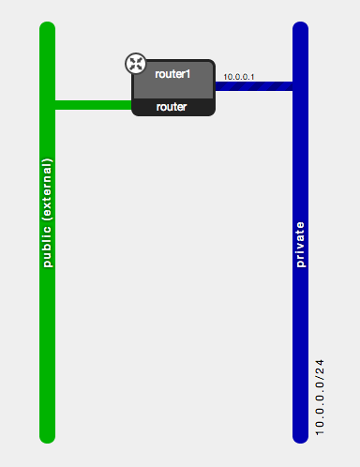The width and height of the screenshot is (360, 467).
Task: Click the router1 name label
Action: tap(172, 73)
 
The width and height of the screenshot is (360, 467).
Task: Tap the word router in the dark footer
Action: tap(172, 107)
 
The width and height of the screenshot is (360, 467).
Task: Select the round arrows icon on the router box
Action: tap(136, 64)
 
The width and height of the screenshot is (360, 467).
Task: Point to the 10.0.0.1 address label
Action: tap(239, 76)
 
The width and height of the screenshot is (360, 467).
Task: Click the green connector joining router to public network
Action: tap(94, 104)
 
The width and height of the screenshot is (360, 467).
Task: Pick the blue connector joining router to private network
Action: tap(253, 86)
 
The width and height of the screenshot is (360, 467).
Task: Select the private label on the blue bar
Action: tap(301, 245)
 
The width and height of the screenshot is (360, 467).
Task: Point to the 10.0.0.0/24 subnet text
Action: tap(320, 397)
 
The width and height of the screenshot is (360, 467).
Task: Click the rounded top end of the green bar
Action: tap(48, 29)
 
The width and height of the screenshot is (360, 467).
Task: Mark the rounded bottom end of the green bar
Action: tap(48, 435)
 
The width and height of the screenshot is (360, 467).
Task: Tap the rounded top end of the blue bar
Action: tap(301, 29)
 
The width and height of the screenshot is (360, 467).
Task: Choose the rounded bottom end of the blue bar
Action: tap(301, 435)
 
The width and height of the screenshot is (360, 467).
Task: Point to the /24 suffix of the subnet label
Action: tap(320, 368)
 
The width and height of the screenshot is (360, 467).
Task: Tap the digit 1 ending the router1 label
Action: tap(187, 73)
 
